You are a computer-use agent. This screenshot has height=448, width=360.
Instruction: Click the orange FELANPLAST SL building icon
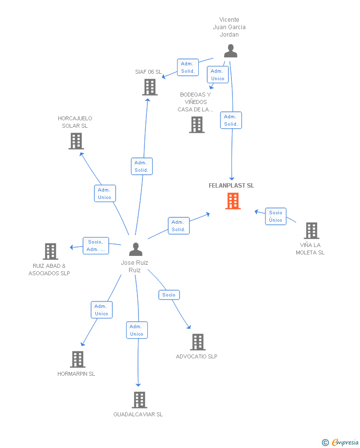[233, 201]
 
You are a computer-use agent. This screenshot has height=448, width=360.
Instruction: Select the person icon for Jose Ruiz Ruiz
[135, 249]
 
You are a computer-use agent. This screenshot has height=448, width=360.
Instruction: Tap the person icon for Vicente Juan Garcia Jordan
[230, 51]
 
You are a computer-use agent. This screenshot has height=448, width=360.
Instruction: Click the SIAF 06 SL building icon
[150, 87]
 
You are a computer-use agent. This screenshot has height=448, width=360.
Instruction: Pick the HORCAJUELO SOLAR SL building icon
[76, 141]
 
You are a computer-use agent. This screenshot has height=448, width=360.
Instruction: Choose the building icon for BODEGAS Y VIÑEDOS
[197, 125]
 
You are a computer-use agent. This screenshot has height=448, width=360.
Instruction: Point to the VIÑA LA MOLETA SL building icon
[311, 231]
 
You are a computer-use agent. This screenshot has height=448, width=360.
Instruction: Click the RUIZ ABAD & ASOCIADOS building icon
[50, 251]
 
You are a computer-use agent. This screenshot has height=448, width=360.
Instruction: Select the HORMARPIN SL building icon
[78, 359]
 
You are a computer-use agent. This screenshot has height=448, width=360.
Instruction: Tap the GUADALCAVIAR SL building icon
[139, 400]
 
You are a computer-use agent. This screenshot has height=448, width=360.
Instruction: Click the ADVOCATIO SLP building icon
[198, 342]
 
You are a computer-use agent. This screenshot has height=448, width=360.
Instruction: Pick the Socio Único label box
[275, 216]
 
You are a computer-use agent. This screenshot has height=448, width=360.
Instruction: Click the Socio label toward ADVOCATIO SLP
[169, 295]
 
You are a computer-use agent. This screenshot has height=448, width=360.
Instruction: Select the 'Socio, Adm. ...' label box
[95, 246]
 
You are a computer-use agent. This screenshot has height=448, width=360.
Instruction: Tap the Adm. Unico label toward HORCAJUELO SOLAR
[105, 194]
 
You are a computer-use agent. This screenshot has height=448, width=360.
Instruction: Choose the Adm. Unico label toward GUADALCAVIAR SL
[136, 330]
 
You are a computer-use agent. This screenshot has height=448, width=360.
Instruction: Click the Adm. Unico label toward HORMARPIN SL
[102, 310]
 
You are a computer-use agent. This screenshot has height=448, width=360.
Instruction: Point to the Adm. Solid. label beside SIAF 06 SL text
[187, 67]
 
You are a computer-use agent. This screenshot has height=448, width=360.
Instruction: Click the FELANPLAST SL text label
[231, 186]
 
